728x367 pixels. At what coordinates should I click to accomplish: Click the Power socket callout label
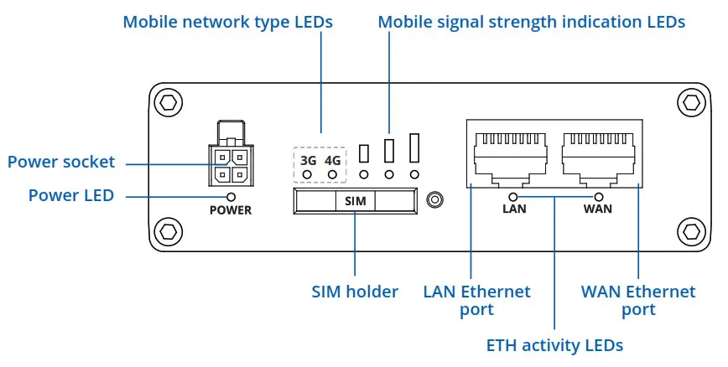61,162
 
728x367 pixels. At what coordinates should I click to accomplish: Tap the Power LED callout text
71,195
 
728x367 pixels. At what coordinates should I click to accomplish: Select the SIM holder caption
355,292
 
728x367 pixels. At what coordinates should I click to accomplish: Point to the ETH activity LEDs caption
554,346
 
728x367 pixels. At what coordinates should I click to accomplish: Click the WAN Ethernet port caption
638,301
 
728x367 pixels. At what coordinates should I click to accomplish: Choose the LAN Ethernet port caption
477,301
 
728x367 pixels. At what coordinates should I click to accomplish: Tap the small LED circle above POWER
231,197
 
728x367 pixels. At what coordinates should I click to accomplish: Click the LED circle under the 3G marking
307,175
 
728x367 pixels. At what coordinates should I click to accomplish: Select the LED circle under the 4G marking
332,175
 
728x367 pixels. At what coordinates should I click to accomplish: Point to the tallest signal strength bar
414,148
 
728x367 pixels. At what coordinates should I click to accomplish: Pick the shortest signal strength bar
364,154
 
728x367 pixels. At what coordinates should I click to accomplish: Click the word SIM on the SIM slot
355,201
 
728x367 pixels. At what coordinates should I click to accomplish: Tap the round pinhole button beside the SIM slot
434,200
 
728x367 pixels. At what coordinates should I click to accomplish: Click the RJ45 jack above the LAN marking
510,157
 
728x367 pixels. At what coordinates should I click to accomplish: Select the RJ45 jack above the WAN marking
599,157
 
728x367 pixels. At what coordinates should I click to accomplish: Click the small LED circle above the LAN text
513,197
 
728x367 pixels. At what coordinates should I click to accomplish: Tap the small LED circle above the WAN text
599,197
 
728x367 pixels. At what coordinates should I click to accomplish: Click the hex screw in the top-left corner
168,102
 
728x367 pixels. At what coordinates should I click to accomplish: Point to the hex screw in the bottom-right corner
691,231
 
